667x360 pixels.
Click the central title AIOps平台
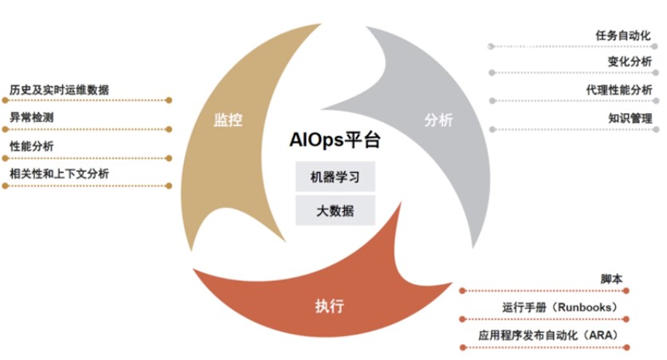(334, 141)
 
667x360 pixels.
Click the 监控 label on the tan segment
(228, 120)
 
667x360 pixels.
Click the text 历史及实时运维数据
(59, 89)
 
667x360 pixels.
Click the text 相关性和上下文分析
(59, 174)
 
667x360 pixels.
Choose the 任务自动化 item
(623, 36)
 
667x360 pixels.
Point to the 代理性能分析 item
(618, 90)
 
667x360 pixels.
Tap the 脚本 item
(611, 280)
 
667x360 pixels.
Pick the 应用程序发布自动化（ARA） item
(548, 335)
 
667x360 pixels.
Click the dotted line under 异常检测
(88, 129)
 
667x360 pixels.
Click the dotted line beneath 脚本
(546, 291)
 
